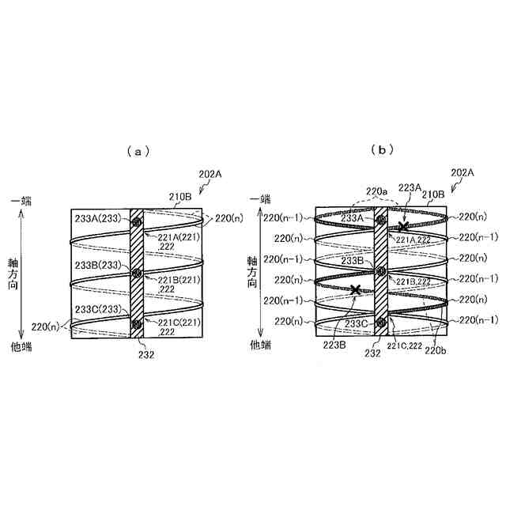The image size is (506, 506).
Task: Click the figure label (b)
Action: [x=383, y=149]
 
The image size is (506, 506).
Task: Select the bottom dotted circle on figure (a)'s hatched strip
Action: [x=136, y=323]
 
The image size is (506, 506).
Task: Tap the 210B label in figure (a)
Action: [x=179, y=196]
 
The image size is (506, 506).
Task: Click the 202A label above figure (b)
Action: [x=462, y=172]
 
